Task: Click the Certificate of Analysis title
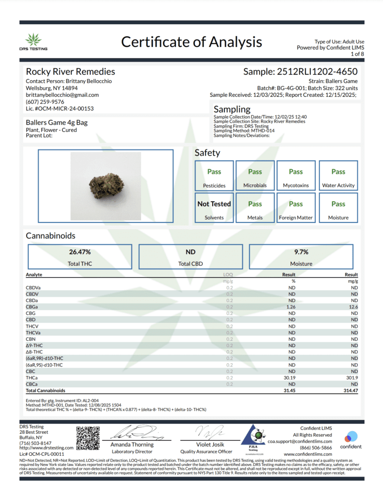point(191,42)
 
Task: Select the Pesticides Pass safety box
point(214,177)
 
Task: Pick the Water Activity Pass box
point(338,177)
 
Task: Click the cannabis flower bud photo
point(105,185)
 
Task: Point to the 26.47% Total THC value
point(80,252)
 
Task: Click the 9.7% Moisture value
point(301,252)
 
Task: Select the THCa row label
point(32,377)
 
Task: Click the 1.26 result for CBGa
point(291,306)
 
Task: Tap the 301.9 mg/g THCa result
point(351,377)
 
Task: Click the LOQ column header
point(229,275)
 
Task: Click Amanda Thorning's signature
point(132,432)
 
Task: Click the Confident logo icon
point(351,437)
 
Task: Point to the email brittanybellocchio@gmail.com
point(62,95)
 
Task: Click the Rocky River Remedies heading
point(70,72)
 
